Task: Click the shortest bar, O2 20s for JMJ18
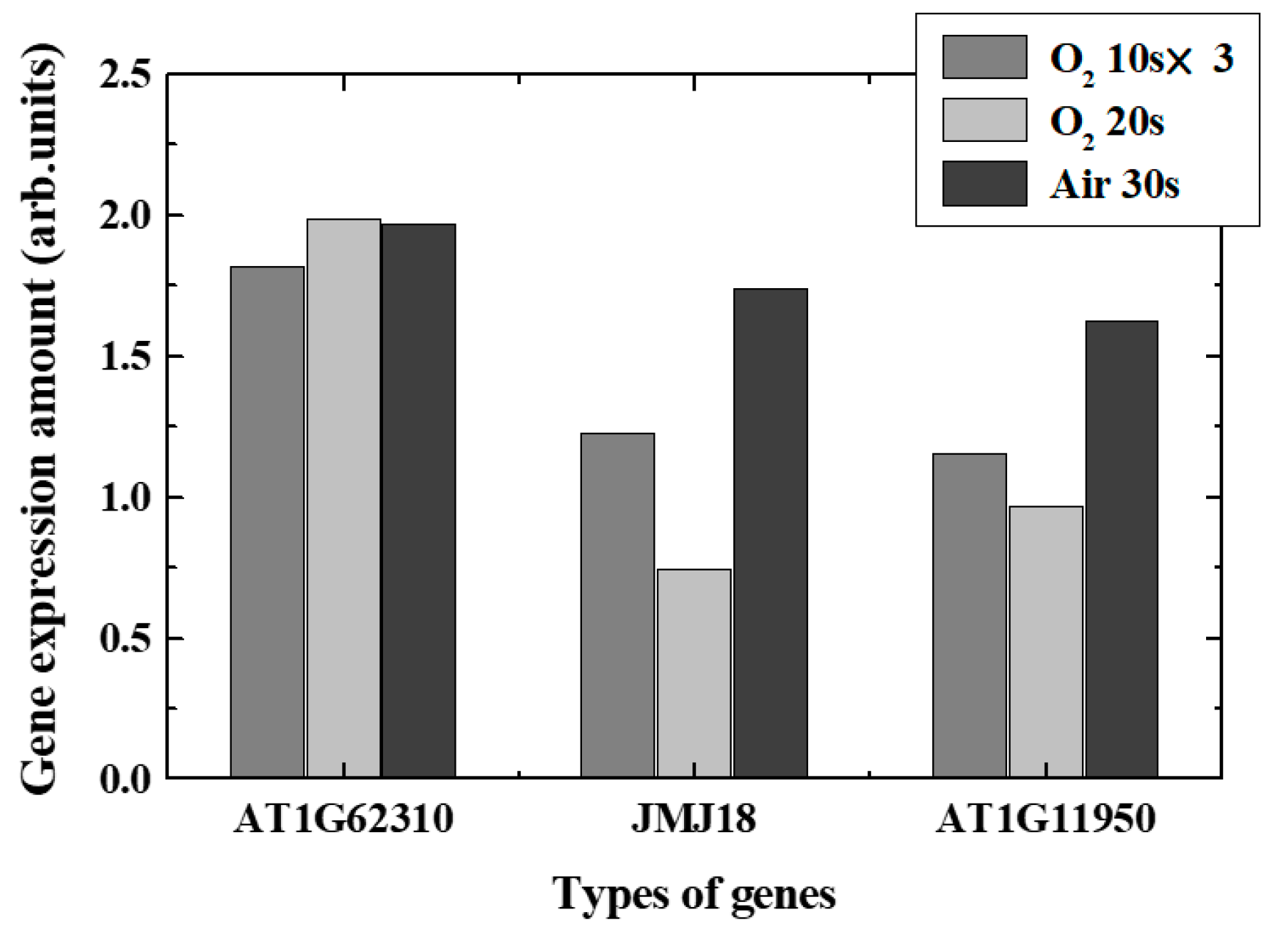pyautogui.click(x=694, y=673)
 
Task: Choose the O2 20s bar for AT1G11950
pyautogui.click(x=1046, y=642)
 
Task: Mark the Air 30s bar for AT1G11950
pyautogui.click(x=1122, y=549)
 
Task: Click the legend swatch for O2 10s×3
pyautogui.click(x=984, y=57)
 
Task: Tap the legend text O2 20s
pyautogui.click(x=1106, y=123)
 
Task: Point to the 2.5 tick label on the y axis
pyautogui.click(x=127, y=76)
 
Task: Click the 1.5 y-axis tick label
pyautogui.click(x=127, y=357)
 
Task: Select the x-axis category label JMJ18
pyautogui.click(x=693, y=820)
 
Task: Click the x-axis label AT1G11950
pyautogui.click(x=1045, y=820)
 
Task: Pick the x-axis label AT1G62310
pyautogui.click(x=343, y=820)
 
